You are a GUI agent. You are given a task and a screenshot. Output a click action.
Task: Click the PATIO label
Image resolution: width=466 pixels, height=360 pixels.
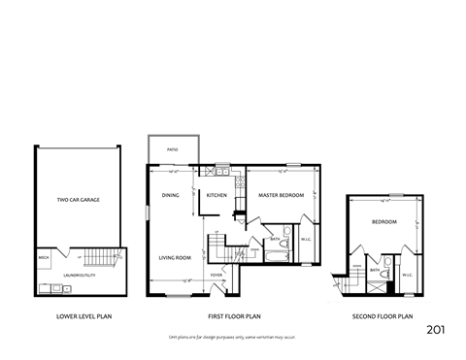pyautogui.click(x=172, y=150)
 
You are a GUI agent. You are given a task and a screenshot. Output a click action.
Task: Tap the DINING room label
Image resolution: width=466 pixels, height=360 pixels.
pyautogui.click(x=171, y=195)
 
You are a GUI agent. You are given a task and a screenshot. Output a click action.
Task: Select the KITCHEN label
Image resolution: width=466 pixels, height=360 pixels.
pyautogui.click(x=216, y=195)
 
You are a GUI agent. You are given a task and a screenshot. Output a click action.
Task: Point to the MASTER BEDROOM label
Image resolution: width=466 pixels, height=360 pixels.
pyautogui.click(x=282, y=195)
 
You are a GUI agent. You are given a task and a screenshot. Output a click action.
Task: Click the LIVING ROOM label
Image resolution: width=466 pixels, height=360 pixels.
pyautogui.click(x=174, y=257)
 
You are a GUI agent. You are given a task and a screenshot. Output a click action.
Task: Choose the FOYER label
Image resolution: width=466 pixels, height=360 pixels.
pyautogui.click(x=216, y=275)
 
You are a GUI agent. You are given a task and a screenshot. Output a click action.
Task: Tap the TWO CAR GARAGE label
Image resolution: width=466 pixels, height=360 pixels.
pyautogui.click(x=79, y=200)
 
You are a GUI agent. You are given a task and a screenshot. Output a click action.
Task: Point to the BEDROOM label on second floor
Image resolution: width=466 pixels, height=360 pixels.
pyautogui.click(x=383, y=221)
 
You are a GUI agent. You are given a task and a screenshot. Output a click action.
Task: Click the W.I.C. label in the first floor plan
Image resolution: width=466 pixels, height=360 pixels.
pyautogui.click(x=305, y=239)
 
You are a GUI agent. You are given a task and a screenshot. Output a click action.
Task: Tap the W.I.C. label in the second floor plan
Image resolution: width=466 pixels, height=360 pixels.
pyautogui.click(x=408, y=274)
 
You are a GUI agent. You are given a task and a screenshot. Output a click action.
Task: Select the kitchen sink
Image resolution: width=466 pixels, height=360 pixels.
pyautogui.click(x=222, y=173)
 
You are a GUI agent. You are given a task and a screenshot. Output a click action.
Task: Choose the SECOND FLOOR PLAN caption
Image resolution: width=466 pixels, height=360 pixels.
pyautogui.click(x=383, y=316)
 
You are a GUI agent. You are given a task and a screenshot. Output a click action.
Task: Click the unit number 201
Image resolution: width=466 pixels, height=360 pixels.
pyautogui.click(x=437, y=330)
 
